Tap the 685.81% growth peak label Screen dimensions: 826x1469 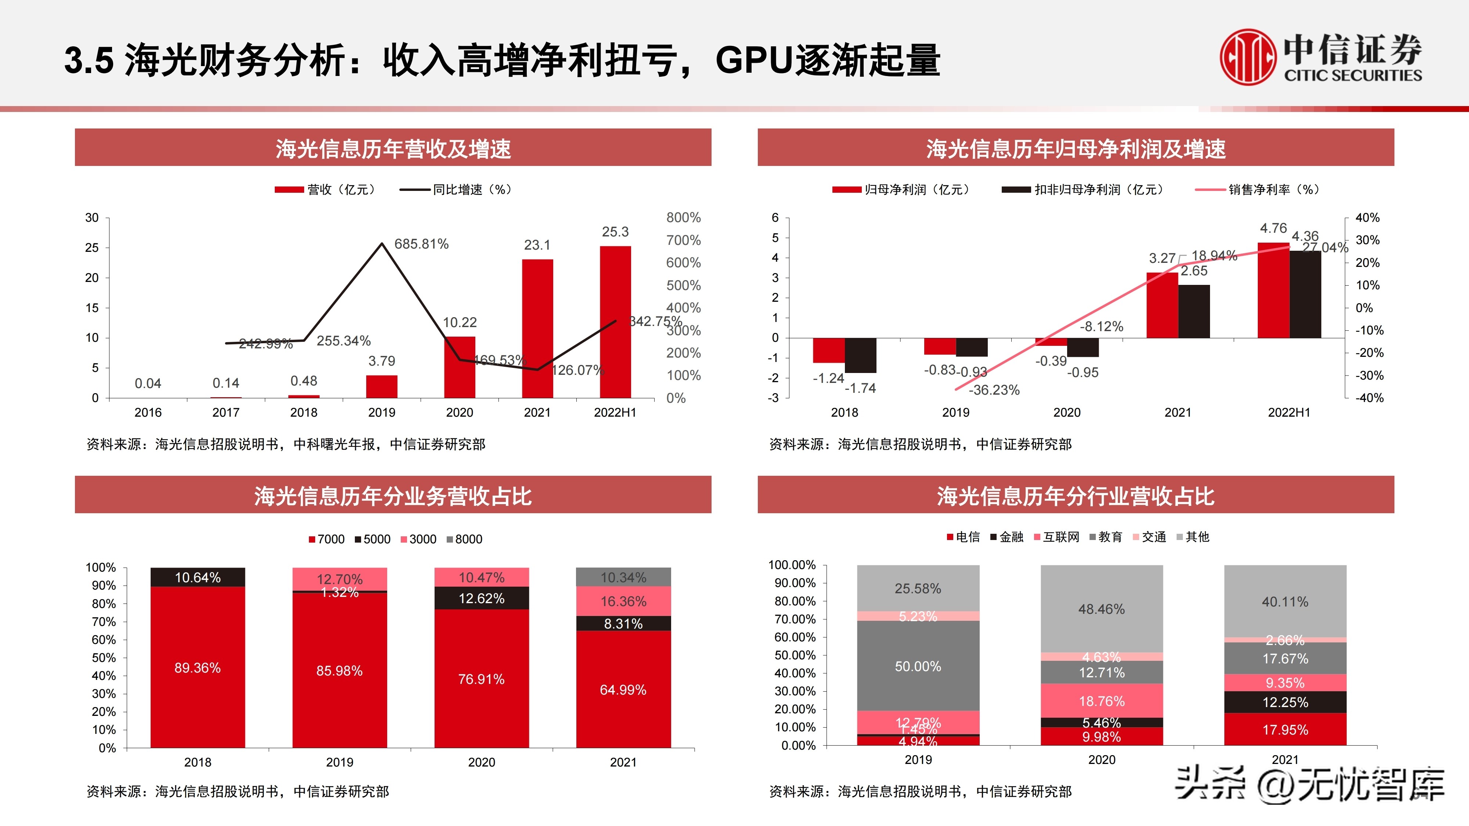pyautogui.click(x=421, y=244)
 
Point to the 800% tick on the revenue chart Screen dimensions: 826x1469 pyautogui.click(x=683, y=218)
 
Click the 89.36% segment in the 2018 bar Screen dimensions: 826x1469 pyautogui.click(x=197, y=667)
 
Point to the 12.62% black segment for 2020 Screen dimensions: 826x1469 pyautogui.click(x=481, y=598)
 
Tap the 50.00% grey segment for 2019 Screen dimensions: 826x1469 pyautogui.click(x=918, y=666)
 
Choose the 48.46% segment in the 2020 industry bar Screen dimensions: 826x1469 pyautogui.click(x=1101, y=609)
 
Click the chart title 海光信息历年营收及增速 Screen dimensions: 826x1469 pyautogui.click(x=393, y=148)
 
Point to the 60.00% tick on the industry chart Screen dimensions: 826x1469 pyautogui.click(x=795, y=637)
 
